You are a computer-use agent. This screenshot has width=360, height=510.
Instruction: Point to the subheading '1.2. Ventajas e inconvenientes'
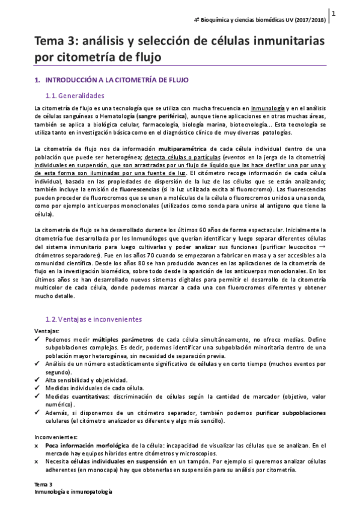pyautogui.click(x=94, y=318)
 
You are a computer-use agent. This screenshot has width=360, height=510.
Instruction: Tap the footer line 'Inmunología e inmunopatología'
pyautogui.click(x=73, y=492)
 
